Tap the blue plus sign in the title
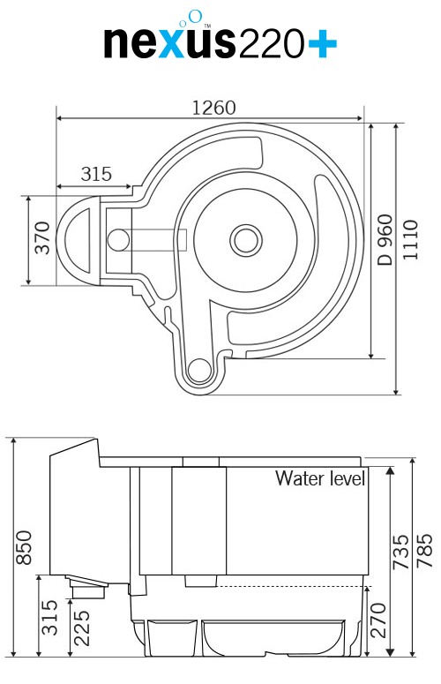point(319,41)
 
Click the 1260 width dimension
point(213,108)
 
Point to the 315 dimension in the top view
point(96,174)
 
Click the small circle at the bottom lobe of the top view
point(200,369)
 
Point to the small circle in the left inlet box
point(117,239)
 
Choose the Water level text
point(320,478)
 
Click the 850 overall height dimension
point(24,547)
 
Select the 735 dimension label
point(400,552)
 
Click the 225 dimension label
point(81,628)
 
